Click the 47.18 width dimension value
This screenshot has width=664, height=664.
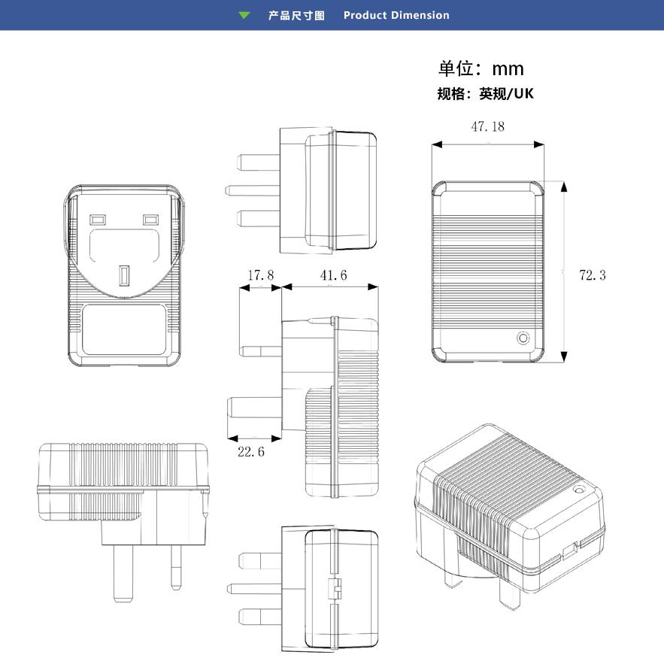point(487,126)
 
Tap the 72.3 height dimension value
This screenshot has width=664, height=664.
point(592,275)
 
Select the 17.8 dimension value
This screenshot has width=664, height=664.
point(260,276)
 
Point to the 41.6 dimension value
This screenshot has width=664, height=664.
point(333,276)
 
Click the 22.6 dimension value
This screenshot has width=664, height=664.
point(250,452)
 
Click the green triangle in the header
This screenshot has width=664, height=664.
point(244,15)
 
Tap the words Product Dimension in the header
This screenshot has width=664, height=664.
point(396,15)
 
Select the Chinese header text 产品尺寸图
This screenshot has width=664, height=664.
point(296,15)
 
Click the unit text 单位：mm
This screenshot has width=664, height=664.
point(481,69)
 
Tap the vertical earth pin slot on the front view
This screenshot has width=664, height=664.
point(125,275)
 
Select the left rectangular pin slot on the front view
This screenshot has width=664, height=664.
point(97,220)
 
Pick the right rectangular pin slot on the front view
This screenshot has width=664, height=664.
point(151,220)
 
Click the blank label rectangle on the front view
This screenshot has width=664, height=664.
point(123,329)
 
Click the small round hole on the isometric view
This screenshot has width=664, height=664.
point(578,490)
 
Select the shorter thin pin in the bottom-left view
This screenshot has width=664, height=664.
point(177,565)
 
